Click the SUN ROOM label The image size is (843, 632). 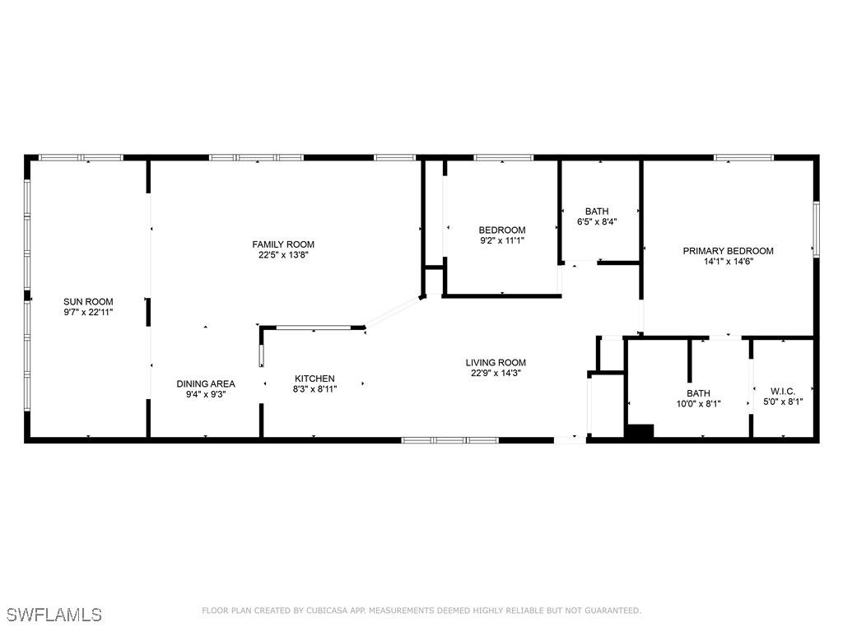[x=88, y=301]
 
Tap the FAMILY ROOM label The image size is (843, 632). [x=283, y=244]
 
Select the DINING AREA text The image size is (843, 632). [x=206, y=383]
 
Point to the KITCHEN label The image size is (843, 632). [x=314, y=379]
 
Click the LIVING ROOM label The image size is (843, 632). [x=496, y=363]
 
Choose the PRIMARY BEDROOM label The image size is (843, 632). [x=728, y=251]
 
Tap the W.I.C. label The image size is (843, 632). [x=783, y=391]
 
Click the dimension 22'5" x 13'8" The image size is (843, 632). [x=283, y=255]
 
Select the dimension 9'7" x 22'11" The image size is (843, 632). [x=88, y=312]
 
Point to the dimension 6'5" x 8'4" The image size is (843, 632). [x=597, y=221]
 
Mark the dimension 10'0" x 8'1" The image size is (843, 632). [x=698, y=403]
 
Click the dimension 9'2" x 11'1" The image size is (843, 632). [x=502, y=241]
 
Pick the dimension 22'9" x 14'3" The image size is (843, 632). [x=496, y=373]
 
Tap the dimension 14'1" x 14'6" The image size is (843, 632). [x=729, y=262]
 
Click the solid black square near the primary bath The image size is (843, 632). [x=639, y=431]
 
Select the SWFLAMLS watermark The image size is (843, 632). [x=54, y=615]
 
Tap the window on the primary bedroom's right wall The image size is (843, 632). [x=816, y=229]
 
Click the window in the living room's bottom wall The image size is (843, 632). [x=450, y=440]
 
